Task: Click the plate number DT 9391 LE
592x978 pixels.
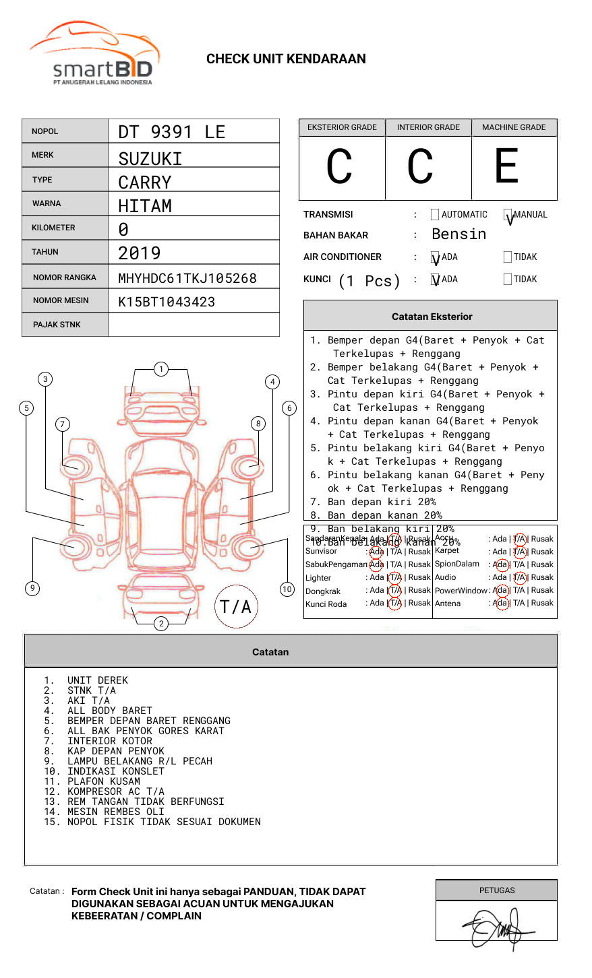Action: point(171,132)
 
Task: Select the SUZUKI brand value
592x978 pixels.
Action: point(150,159)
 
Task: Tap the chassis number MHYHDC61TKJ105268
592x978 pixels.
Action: point(187,278)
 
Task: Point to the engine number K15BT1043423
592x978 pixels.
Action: point(167,302)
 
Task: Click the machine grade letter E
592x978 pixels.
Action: point(506,166)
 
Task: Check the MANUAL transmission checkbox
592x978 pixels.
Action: point(508,215)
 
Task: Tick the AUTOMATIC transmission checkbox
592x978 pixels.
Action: point(435,215)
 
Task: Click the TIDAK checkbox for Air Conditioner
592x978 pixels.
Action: point(508,257)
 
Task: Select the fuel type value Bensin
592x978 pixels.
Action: point(458,234)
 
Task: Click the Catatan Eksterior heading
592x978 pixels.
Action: point(432,317)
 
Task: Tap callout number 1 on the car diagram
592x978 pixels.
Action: point(160,369)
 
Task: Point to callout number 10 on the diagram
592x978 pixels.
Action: point(287,589)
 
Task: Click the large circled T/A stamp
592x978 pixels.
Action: point(236,606)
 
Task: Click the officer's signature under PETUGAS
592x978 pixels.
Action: point(497,928)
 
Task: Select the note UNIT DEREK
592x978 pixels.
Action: point(97,680)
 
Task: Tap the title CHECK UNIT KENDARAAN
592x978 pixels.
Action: point(286,59)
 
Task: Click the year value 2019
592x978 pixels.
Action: point(140,253)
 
